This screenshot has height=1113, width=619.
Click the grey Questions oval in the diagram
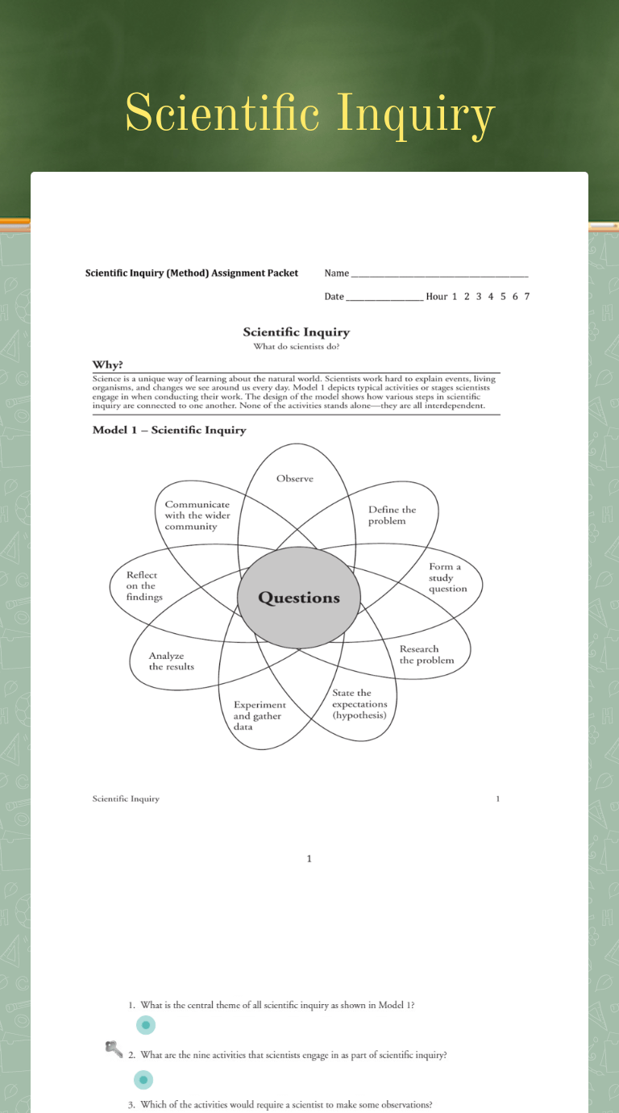299,598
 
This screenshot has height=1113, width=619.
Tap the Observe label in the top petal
295,478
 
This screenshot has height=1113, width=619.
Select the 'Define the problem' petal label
392,515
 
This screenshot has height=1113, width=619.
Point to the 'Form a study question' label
447,577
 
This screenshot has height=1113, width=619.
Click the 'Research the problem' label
426,654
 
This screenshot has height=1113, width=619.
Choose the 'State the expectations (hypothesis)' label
359,704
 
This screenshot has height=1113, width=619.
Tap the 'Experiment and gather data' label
259,715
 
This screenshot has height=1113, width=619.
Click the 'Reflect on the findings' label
144,586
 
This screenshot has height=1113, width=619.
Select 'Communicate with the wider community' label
197,515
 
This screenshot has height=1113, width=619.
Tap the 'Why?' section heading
107,365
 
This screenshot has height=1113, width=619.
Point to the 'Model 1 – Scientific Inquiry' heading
169,430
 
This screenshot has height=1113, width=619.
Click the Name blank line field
439,273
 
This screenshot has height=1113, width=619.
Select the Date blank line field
384,297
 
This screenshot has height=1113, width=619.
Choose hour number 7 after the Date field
526,296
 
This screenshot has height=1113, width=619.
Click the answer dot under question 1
145,1025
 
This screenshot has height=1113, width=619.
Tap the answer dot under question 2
143,1079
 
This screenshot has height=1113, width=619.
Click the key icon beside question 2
114,1048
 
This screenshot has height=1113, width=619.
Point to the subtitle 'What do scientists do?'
297,347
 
